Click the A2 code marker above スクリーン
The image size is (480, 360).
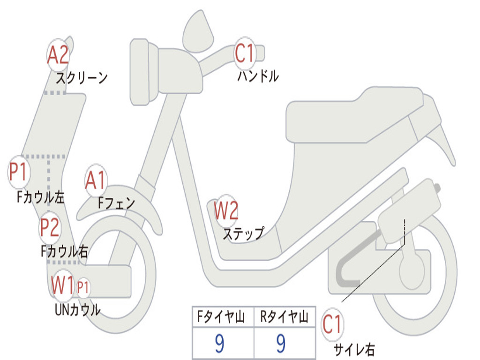58,55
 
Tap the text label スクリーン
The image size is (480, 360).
82,77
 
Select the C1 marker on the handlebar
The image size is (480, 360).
244,53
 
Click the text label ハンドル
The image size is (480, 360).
258,76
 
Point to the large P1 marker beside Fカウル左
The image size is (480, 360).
19,172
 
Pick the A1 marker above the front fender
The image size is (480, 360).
96,180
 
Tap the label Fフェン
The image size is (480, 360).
116,203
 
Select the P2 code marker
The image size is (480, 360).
49,227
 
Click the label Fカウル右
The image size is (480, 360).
64,252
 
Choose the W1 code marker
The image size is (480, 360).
63,285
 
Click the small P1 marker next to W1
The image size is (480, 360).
83,287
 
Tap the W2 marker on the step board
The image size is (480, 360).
226,210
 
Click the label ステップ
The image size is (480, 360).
243,233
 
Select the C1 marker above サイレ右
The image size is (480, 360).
332,325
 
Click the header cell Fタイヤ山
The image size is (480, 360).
222,318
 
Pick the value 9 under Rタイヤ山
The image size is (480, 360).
281,344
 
